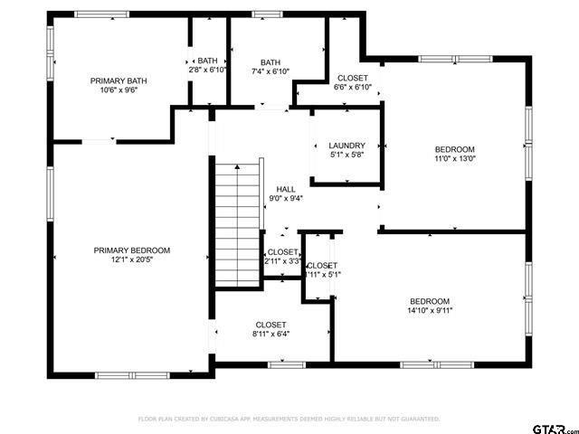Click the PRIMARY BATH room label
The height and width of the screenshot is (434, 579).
pos(119,80)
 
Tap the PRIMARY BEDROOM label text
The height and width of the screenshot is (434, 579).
pos(132,250)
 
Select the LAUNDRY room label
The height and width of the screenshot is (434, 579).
pos(346,146)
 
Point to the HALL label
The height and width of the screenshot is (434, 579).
pos(286,189)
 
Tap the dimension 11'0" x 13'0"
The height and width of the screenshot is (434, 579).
pos(454,158)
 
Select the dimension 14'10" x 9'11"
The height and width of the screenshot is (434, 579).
pos(429,311)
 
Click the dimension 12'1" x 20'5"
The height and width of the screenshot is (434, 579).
pos(132,259)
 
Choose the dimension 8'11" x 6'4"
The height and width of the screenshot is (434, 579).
pos(271,334)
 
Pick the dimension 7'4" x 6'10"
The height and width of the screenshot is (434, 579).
pos(271,71)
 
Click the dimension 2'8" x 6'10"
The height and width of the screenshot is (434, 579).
pos(206,70)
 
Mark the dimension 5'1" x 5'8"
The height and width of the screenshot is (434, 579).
pos(346,155)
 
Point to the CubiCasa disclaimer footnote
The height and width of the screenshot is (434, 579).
pos(289,420)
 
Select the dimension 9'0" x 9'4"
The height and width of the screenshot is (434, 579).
pos(286,198)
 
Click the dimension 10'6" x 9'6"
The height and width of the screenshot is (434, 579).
pos(119,90)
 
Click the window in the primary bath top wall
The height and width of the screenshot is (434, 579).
pos(101,14)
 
